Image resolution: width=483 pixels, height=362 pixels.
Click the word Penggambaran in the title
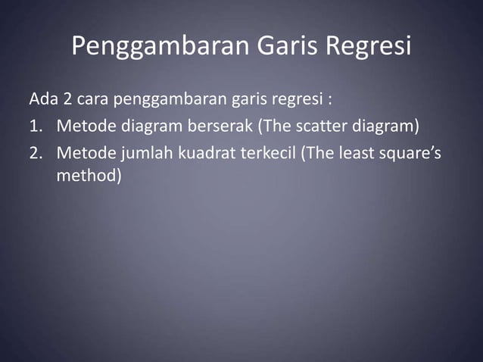coord(157,46)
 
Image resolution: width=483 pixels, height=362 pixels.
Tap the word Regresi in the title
coord(369,46)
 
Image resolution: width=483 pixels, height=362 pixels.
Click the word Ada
coord(42,99)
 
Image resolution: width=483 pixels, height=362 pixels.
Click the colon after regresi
coord(331,99)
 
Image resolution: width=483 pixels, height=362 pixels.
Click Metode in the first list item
coord(83,126)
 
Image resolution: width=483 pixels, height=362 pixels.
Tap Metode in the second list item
coord(83,152)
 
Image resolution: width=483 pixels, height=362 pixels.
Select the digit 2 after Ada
coord(66,99)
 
